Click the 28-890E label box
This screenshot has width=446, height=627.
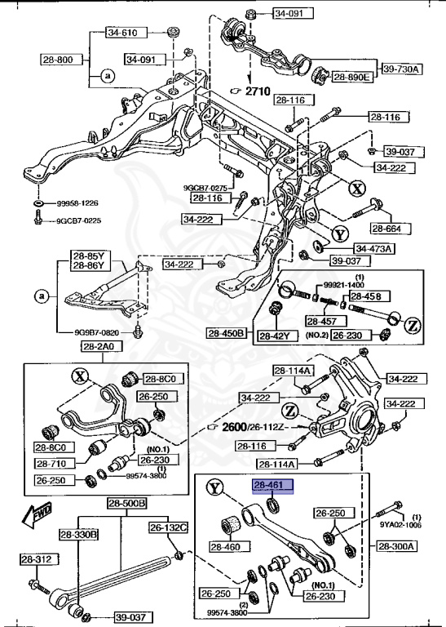(x=351, y=78)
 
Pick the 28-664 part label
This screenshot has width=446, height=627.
(x=387, y=228)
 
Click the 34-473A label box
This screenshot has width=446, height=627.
(x=373, y=248)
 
